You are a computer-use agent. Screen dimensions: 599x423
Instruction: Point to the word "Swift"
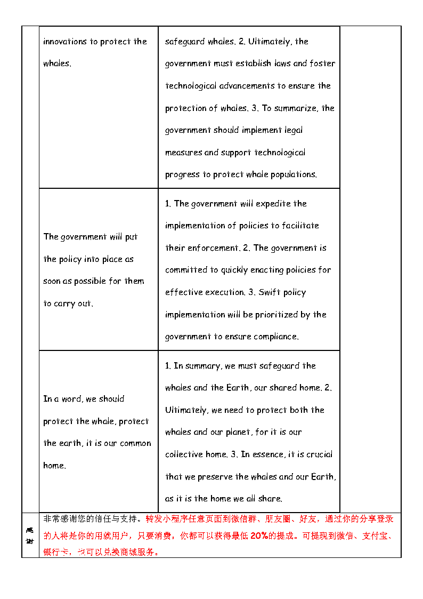point(270,292)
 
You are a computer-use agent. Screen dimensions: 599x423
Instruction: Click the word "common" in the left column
point(135,443)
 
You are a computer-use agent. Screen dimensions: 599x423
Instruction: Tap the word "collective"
point(184,454)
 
